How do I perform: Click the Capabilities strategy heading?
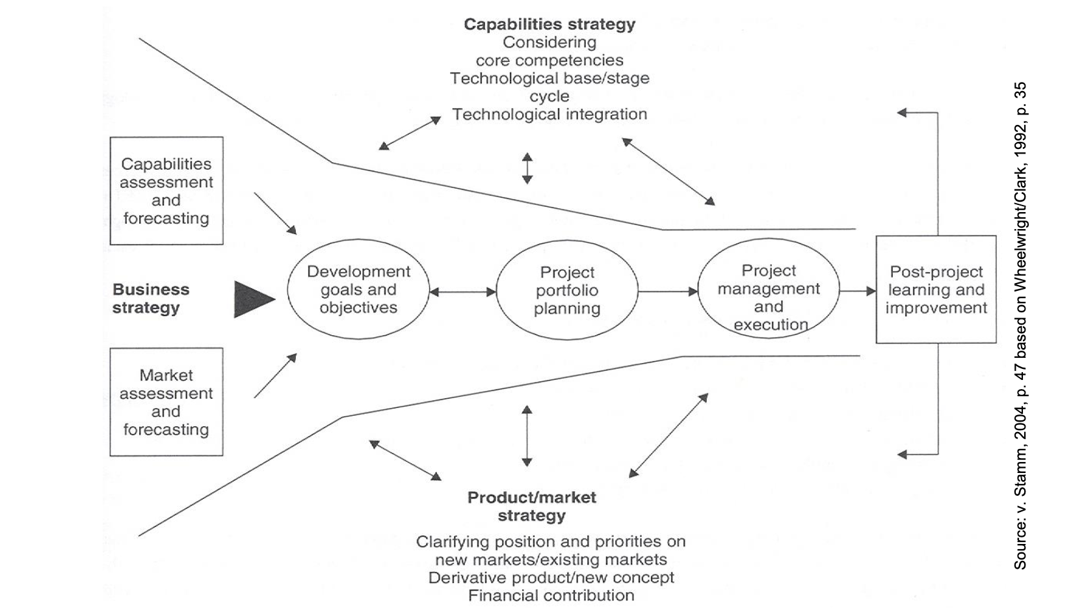[550, 24]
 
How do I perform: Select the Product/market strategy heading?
[532, 506]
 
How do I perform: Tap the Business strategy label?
[151, 299]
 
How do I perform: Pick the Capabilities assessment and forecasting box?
[166, 191]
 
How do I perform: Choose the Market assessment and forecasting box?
[166, 402]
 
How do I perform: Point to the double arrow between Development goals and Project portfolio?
[463, 292]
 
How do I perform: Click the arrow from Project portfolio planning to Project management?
[668, 291]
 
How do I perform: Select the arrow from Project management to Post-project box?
[858, 291]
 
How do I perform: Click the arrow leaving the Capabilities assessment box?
[275, 213]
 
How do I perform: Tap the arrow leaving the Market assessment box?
[275, 375]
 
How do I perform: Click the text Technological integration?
[550, 115]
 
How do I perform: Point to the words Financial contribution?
[551, 595]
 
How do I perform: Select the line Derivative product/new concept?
[551, 578]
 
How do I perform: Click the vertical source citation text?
[1020, 325]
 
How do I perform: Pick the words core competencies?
[550, 61]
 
